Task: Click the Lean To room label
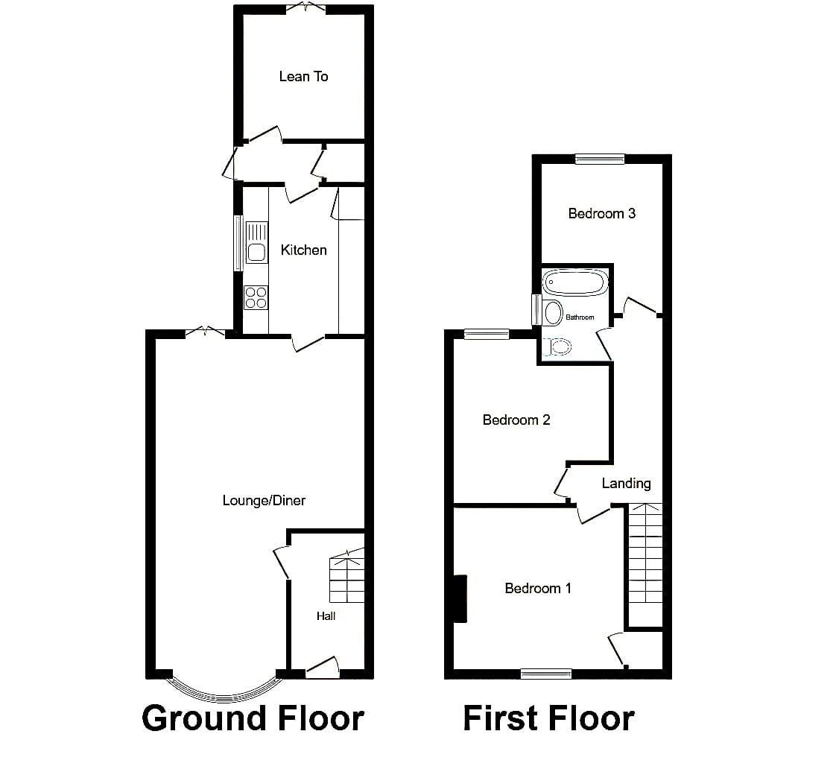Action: tap(303, 76)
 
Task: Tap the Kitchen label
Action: tap(303, 250)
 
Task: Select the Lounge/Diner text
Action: tap(264, 500)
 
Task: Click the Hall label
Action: tap(326, 616)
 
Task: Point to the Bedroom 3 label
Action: tap(601, 213)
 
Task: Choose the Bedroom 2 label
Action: tap(516, 420)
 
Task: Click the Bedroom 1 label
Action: tap(538, 588)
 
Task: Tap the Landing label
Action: tap(626, 483)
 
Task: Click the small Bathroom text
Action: tap(580, 317)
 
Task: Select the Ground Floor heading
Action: tap(253, 718)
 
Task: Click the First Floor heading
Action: tap(548, 718)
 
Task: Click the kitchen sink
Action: tap(256, 243)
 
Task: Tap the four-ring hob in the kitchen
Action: tap(256, 297)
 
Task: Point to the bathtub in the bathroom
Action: tap(574, 282)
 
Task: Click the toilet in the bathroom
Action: tap(557, 347)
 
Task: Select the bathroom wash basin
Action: tap(553, 312)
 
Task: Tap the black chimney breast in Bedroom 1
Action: tap(460, 598)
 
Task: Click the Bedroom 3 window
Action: tap(600, 158)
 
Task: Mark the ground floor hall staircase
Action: tap(347, 576)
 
